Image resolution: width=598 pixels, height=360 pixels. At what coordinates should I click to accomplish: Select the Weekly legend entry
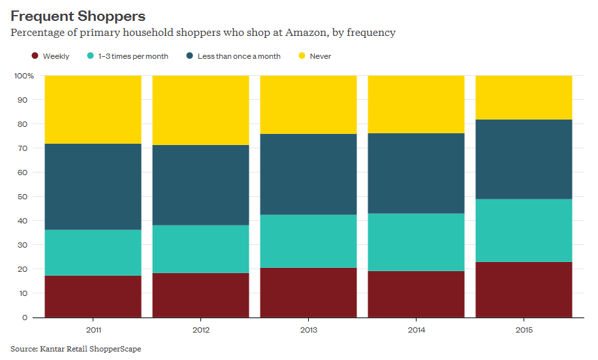[55, 56]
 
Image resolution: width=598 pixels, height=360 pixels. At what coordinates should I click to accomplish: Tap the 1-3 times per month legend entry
[133, 56]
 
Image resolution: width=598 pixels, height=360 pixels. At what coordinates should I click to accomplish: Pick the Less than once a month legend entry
[238, 56]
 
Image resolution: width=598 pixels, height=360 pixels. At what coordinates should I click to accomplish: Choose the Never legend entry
[320, 56]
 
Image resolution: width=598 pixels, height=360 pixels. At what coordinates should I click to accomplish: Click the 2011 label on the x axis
[93, 330]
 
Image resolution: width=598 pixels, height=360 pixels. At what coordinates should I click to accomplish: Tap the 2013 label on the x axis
[308, 330]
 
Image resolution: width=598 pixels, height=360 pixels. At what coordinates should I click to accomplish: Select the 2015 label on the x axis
[524, 330]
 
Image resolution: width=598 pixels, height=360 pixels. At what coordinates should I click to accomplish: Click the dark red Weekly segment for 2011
[93, 297]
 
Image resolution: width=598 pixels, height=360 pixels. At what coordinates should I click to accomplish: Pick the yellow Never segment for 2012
[200, 110]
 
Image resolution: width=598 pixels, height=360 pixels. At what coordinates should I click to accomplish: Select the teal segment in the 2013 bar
[308, 241]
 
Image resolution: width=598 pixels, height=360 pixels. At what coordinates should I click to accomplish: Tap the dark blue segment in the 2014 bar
[416, 173]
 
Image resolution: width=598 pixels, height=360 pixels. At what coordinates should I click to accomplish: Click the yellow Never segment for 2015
[524, 97]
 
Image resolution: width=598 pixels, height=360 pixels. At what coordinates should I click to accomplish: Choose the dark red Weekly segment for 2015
[524, 289]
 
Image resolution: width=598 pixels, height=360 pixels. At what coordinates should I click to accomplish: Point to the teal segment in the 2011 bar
[93, 253]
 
